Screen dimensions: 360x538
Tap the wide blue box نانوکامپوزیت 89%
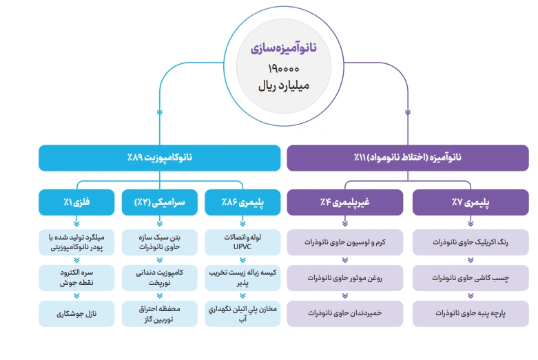(x=160, y=158)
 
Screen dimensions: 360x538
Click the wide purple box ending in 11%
(x=408, y=158)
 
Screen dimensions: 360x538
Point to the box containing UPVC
(x=243, y=242)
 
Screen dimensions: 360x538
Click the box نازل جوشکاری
(x=76, y=313)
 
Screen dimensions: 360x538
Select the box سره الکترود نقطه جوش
(x=76, y=278)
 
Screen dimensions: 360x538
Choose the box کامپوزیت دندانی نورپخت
(x=160, y=278)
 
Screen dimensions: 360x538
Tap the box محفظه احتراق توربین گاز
(x=160, y=313)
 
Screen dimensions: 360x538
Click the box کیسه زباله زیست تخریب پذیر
(x=243, y=278)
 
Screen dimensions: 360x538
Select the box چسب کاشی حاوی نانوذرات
(x=470, y=278)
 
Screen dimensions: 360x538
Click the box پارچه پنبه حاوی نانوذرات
(x=470, y=313)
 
